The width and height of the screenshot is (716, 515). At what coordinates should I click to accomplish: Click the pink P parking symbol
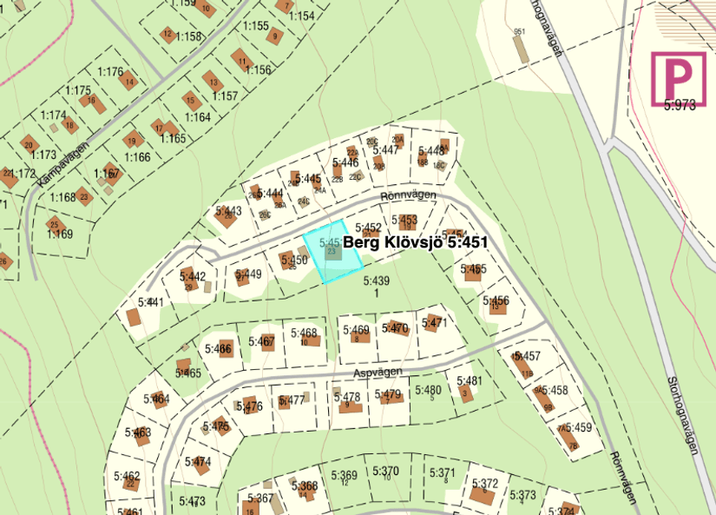point(680,78)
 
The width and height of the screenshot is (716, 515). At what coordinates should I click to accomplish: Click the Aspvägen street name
point(378,372)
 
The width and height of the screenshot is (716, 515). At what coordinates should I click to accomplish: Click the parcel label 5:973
point(680,105)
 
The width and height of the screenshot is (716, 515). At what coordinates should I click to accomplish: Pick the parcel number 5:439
point(376,281)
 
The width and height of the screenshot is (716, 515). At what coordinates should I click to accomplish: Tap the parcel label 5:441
point(150,302)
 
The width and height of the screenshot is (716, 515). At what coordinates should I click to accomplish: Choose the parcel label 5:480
point(428,390)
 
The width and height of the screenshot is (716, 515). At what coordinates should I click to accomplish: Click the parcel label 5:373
point(522,495)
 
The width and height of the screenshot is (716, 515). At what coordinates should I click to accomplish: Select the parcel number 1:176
point(110,71)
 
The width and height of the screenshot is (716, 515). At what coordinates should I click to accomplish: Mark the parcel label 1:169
point(59,234)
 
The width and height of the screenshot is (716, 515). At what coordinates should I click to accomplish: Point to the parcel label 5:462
point(126,476)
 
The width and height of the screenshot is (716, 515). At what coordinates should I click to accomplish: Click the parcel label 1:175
point(77,90)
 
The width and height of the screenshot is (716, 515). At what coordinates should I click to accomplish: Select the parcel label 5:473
point(192,501)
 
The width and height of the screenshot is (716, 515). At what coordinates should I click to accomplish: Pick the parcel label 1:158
point(187,36)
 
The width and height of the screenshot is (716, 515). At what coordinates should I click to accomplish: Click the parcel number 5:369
point(344,475)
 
